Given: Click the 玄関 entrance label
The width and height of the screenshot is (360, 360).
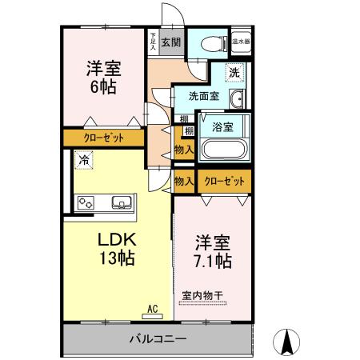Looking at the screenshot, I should point(170,42).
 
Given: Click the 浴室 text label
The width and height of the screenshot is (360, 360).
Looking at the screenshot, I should point(223,126).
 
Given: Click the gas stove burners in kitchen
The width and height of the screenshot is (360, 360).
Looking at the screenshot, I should point(86,203).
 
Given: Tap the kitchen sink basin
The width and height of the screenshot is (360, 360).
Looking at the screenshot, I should point(122,202).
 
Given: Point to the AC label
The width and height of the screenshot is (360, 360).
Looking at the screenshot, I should point(153,306).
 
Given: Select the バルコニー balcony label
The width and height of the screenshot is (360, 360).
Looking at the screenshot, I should point(158,338).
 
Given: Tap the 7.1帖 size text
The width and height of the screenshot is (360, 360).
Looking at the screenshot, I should point(213,262).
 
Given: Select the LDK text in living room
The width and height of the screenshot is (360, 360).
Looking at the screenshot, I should point(118,239).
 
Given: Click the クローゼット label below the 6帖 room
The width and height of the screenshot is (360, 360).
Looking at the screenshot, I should point(104,138).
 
